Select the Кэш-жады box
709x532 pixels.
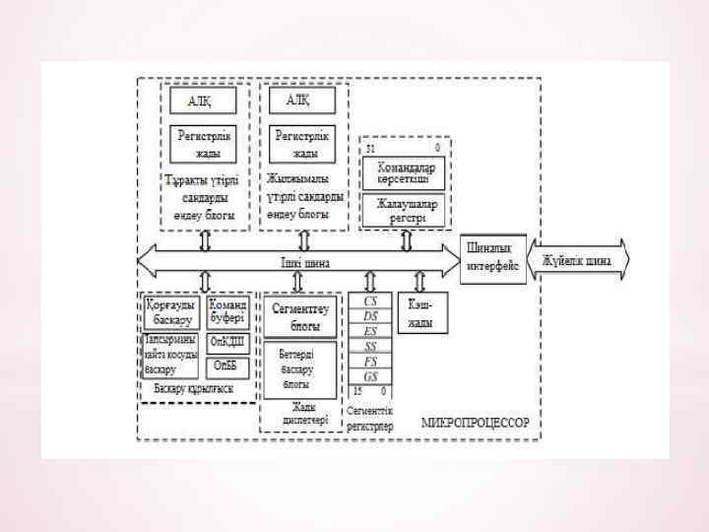click(420, 311)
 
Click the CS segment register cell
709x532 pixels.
click(370, 299)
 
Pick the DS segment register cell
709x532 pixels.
click(370, 315)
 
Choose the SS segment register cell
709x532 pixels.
click(370, 346)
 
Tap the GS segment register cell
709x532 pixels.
click(370, 377)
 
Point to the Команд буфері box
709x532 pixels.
click(226, 311)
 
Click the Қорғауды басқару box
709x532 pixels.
click(171, 311)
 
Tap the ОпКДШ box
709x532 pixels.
click(226, 342)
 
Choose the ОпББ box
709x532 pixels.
click(226, 366)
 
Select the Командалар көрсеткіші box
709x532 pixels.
click(405, 174)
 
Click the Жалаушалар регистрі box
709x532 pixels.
click(405, 209)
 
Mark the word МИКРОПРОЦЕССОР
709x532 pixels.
click(476, 422)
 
